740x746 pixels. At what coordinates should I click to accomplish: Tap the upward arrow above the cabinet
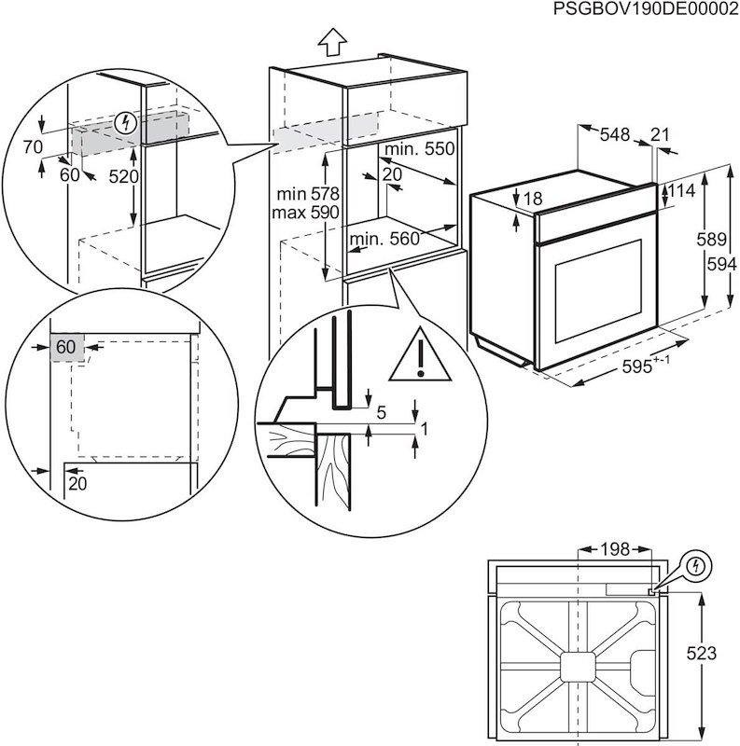332,42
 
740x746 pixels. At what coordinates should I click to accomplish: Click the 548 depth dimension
614,135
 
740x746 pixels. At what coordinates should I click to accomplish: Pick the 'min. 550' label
419,149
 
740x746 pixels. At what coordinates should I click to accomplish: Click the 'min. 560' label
384,240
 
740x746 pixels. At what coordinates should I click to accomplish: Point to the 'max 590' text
304,213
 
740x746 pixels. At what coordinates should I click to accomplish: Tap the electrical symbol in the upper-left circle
129,122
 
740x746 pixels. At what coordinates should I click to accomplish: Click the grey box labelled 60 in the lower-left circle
66,347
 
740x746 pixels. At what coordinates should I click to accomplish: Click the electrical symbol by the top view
696,567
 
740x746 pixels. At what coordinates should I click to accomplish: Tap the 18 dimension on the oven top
533,199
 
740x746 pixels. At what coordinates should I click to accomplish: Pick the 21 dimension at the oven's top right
661,135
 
